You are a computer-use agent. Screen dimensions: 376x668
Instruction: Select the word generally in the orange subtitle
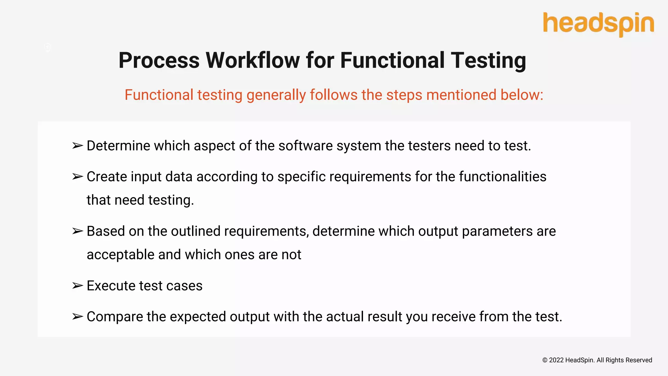[276, 95]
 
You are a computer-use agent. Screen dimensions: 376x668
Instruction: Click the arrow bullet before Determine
[78, 146]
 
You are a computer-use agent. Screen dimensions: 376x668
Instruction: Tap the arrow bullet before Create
[78, 177]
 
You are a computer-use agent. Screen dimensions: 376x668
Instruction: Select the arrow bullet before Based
[78, 231]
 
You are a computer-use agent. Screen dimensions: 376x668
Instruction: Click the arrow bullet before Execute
[78, 286]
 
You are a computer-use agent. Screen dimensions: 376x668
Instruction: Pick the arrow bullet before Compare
[78, 317]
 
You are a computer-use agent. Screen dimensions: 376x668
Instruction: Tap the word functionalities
[503, 177]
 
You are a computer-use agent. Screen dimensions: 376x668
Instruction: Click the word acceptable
[120, 255]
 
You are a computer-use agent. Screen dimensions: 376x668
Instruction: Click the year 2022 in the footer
[556, 360]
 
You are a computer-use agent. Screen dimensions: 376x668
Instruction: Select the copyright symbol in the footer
[545, 360]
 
